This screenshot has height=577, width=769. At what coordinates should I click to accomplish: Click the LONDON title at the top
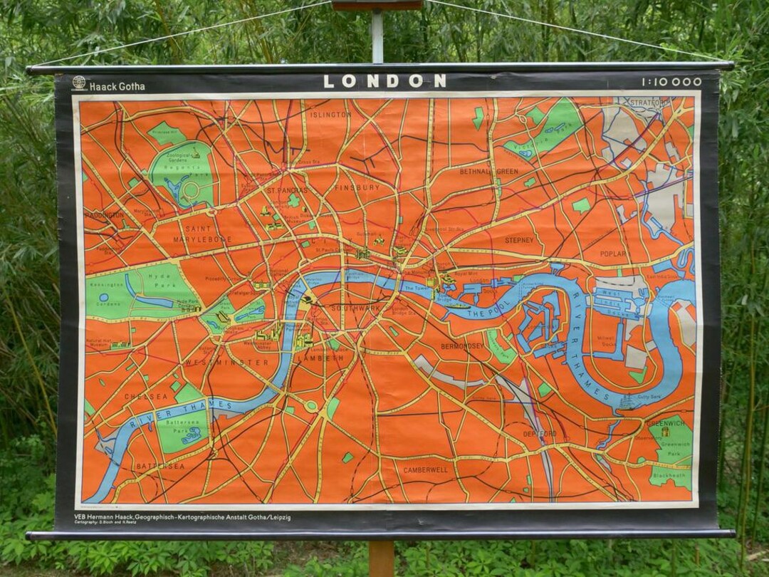[385, 81]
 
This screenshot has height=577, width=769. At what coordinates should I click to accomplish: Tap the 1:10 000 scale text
[671, 82]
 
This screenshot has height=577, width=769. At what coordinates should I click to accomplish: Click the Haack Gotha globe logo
[80, 83]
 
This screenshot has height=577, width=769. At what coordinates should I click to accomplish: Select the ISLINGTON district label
[330, 115]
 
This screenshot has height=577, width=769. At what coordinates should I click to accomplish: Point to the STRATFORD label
[650, 103]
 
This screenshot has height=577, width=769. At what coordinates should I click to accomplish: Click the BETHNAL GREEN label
[489, 172]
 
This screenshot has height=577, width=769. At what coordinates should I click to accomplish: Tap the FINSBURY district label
[357, 187]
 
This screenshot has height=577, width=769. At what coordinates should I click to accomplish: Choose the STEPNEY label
[519, 241]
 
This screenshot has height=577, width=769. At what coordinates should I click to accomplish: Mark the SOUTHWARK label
[356, 308]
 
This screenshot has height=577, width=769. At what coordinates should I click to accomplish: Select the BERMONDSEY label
[462, 346]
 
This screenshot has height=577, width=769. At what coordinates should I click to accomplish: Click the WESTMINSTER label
[217, 363]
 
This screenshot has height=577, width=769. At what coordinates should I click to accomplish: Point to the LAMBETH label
[323, 358]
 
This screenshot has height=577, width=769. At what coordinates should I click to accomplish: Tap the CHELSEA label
[146, 397]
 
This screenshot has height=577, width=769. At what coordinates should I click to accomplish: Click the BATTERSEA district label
[160, 467]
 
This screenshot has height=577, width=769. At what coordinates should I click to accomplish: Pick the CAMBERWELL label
[425, 470]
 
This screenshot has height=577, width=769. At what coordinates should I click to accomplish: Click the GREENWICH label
[666, 423]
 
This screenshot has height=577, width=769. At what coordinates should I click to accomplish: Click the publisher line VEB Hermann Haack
[182, 517]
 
